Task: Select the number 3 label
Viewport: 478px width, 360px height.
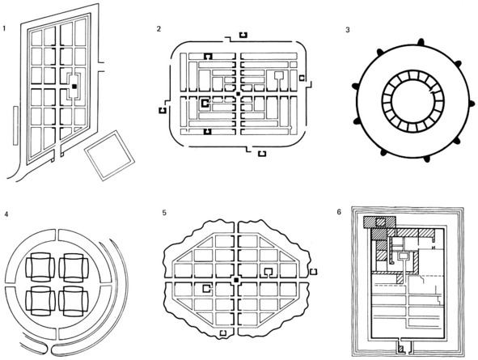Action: pos(348,30)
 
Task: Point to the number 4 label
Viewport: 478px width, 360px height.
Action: pos(6,214)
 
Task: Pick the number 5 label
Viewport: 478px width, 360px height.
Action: pos(164,213)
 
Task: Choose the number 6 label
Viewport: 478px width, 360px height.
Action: pos(339,212)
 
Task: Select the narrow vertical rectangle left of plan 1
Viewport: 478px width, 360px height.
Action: pos(15,125)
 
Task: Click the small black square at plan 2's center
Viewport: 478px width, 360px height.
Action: pos(239,94)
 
